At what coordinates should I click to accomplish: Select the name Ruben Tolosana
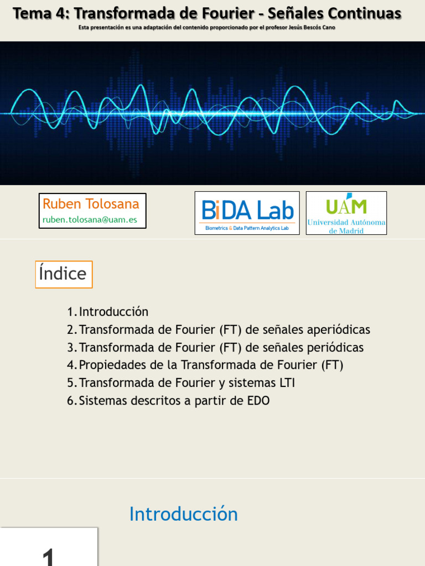[x=91, y=204]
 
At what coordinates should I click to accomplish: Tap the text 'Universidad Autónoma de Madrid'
[x=346, y=226]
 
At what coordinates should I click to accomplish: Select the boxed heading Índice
[x=64, y=274]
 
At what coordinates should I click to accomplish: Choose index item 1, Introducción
[x=113, y=312]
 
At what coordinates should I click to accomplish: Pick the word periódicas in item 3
[x=333, y=348]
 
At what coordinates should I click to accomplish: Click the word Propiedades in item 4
[x=113, y=365]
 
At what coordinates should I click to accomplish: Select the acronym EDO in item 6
[x=258, y=401]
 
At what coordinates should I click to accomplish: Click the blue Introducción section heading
[x=183, y=514]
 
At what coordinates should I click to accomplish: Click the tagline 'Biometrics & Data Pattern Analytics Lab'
[x=247, y=228]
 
